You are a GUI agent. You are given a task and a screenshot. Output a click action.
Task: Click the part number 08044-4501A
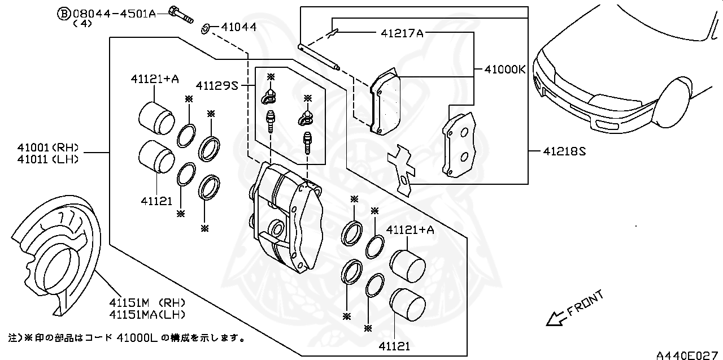tap(114, 12)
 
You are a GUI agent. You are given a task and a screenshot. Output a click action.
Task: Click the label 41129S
tap(217, 86)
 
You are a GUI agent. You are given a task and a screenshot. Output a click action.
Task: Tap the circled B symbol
tap(64, 13)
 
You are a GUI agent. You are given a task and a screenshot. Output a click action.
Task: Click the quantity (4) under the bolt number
tap(82, 24)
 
